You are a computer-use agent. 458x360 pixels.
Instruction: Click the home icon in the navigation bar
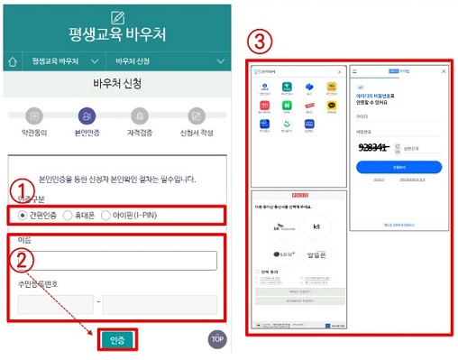(x=12, y=62)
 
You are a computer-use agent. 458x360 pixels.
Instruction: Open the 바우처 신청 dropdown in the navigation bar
(x=169, y=62)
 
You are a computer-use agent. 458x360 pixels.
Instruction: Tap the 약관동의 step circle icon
(x=34, y=115)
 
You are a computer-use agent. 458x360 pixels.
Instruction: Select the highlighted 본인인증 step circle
(x=87, y=115)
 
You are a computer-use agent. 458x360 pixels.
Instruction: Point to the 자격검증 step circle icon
(x=139, y=115)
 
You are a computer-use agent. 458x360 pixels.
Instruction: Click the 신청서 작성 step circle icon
(x=197, y=115)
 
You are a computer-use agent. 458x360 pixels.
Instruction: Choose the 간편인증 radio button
(x=23, y=216)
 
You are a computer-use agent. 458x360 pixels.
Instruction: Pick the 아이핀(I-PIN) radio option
(x=105, y=216)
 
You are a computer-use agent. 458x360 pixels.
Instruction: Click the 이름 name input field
(x=116, y=261)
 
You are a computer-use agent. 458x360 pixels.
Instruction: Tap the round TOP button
(x=216, y=339)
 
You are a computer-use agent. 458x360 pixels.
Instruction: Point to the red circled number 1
(x=19, y=190)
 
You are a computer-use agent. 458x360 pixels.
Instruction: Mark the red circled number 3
(x=261, y=42)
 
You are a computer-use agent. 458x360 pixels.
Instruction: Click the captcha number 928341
(x=373, y=147)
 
